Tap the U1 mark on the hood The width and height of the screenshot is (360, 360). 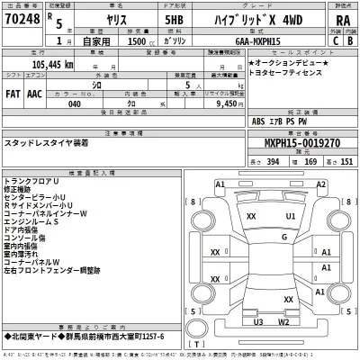click(291, 217)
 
